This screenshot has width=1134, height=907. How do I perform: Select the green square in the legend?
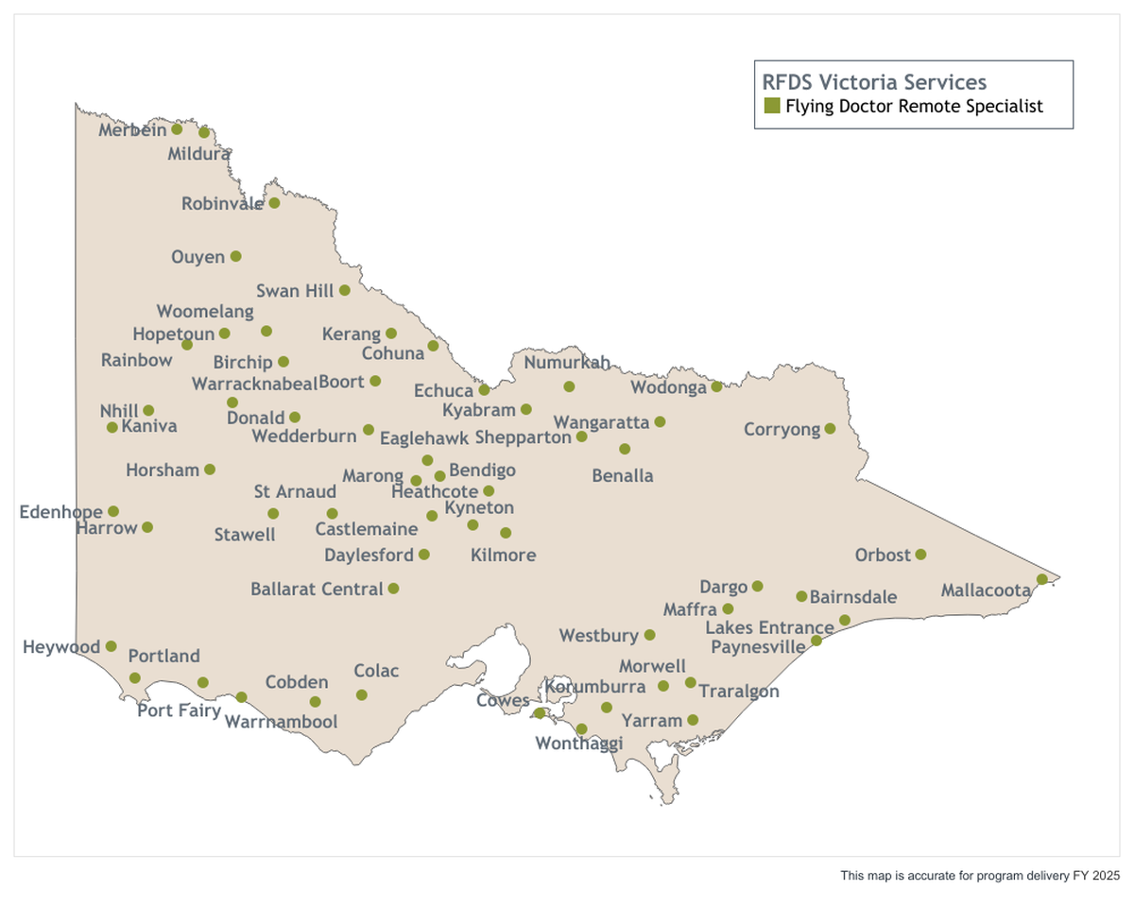click(772, 106)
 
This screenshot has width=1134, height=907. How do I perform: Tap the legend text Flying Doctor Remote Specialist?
click(914, 106)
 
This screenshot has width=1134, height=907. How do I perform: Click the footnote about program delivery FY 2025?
click(980, 876)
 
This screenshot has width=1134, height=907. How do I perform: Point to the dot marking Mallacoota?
click(1041, 579)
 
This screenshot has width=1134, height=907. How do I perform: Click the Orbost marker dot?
click(920, 555)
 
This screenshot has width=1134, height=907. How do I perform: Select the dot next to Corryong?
click(830, 429)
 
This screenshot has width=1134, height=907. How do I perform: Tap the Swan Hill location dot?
click(345, 291)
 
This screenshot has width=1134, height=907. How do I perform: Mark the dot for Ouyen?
click(235, 256)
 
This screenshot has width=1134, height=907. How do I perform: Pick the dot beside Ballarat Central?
click(393, 589)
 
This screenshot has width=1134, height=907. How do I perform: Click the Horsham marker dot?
click(210, 470)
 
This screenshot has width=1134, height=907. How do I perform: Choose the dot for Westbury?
click(649, 635)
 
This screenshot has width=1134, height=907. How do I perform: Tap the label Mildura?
click(198, 154)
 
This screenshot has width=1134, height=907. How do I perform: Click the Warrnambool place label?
click(281, 722)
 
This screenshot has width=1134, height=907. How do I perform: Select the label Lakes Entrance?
click(769, 627)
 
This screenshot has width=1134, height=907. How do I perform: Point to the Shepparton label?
click(523, 437)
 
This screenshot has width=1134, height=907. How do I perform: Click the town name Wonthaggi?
click(578, 744)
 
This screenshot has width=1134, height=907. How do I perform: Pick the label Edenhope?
click(60, 512)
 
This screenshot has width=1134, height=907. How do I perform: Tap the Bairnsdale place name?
click(852, 597)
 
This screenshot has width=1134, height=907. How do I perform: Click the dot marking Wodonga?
click(716, 386)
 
